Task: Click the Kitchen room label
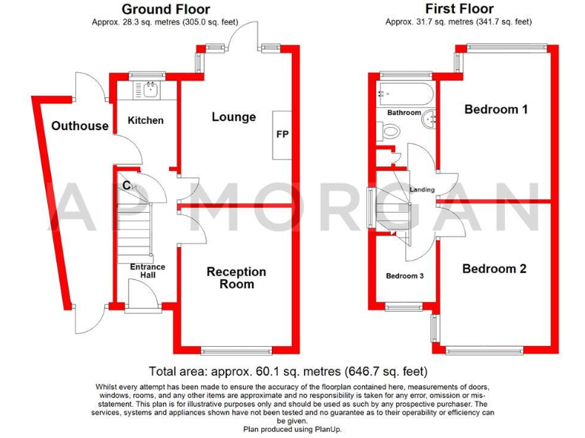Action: click(145, 120)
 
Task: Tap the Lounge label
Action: click(234, 117)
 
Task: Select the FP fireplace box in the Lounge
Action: click(282, 135)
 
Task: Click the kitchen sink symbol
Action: click(150, 90)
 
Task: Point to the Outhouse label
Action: click(80, 125)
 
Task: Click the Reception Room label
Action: click(237, 278)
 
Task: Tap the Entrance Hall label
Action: click(148, 271)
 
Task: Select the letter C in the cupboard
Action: click(126, 186)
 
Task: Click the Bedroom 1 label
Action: click(496, 109)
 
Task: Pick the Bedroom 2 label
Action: click(494, 268)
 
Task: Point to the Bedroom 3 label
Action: click(404, 275)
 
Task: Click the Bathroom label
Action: click(404, 113)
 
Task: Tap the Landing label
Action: click(422, 189)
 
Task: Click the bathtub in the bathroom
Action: click(404, 95)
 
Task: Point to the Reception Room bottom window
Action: click(235, 351)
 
